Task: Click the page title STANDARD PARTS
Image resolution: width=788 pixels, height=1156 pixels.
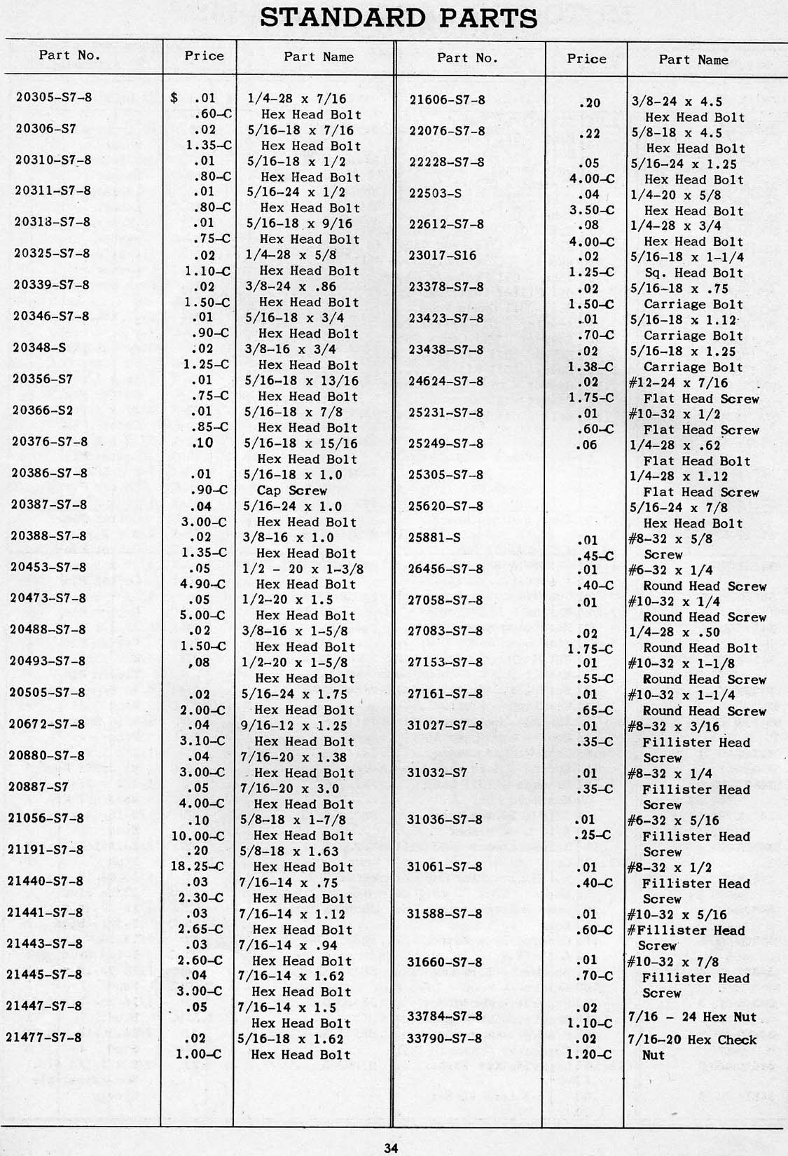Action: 399,18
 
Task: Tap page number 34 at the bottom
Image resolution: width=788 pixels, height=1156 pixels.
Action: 391,1147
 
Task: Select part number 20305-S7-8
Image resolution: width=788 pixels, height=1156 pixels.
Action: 54,97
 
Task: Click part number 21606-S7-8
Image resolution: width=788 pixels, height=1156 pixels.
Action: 447,99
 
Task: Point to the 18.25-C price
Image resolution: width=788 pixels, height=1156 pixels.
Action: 201,867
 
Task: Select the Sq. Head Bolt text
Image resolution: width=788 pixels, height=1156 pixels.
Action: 693,273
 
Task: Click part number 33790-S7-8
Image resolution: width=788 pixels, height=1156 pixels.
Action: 444,1038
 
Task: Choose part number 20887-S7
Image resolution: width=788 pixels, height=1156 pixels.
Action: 41,787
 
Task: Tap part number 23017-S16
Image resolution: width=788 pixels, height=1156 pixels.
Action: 442,256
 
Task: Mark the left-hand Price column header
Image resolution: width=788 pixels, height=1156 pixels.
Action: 204,56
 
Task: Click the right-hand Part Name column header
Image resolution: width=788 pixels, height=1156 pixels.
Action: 693,60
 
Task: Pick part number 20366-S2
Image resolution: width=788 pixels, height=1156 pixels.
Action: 43,411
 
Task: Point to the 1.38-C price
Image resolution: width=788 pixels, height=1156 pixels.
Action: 590,366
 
